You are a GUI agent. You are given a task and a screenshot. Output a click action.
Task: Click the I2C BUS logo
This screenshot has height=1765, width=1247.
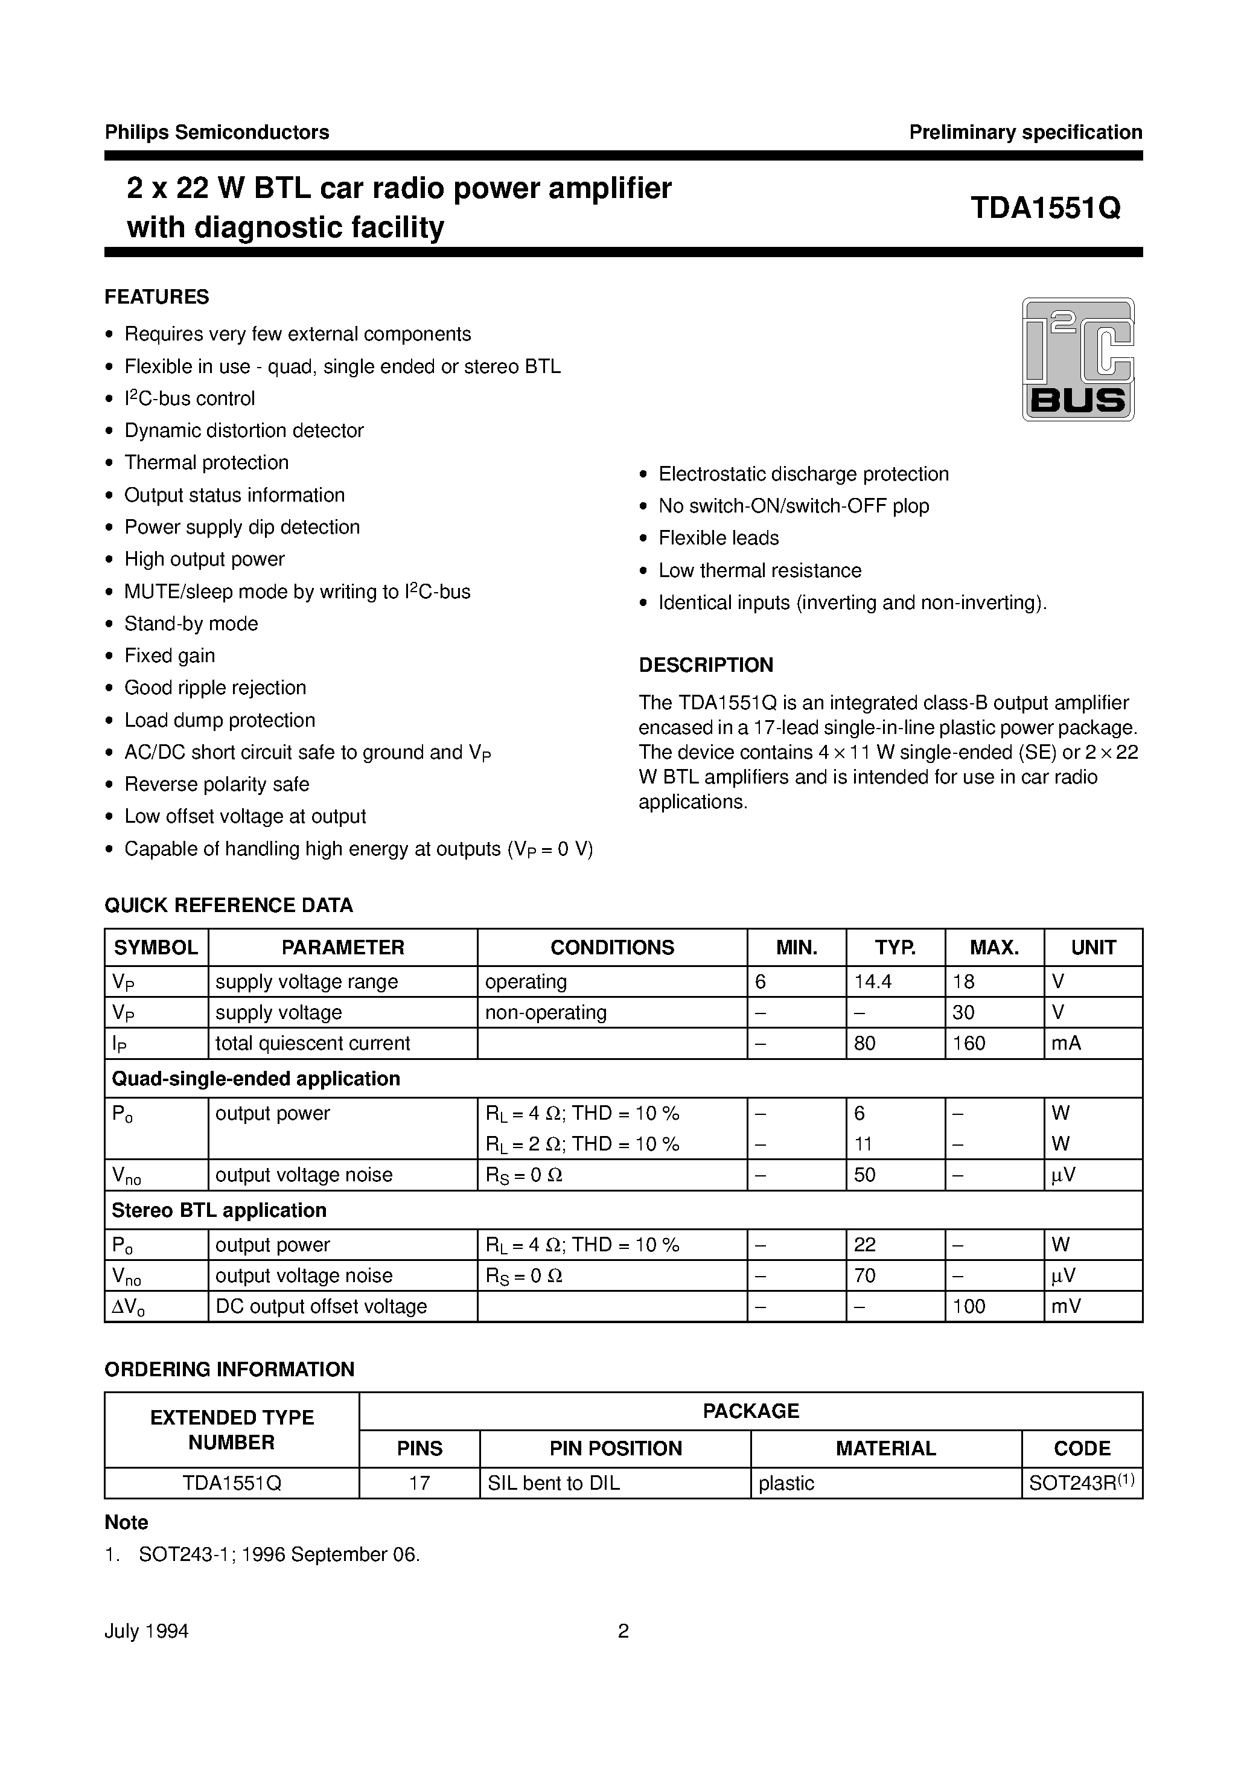click(1078, 359)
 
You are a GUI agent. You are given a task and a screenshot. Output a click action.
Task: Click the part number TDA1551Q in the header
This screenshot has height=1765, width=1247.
click(1045, 208)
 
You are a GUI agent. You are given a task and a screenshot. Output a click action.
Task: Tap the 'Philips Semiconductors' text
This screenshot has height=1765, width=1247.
click(217, 132)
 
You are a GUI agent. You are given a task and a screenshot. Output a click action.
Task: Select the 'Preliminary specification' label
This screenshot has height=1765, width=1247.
click(1025, 132)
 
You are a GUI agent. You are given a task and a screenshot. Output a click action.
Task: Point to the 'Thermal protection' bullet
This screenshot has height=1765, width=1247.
click(206, 463)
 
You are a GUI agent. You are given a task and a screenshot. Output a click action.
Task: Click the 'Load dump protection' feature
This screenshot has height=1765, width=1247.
click(219, 720)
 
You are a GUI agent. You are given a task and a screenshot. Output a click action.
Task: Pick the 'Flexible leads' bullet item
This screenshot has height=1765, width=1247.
click(718, 538)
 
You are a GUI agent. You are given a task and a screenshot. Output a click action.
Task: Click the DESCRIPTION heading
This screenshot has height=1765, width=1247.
click(705, 665)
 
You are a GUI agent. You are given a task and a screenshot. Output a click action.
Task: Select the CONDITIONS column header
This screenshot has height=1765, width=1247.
click(612, 947)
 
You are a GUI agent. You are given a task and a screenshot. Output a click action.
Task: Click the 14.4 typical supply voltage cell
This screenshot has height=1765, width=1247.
click(873, 981)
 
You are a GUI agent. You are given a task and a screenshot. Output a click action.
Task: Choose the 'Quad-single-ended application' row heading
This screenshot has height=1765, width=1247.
click(256, 1079)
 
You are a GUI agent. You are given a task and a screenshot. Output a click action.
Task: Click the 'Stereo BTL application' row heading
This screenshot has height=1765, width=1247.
click(219, 1210)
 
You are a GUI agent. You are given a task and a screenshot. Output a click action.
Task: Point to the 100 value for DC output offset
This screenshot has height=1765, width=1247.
click(968, 1306)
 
